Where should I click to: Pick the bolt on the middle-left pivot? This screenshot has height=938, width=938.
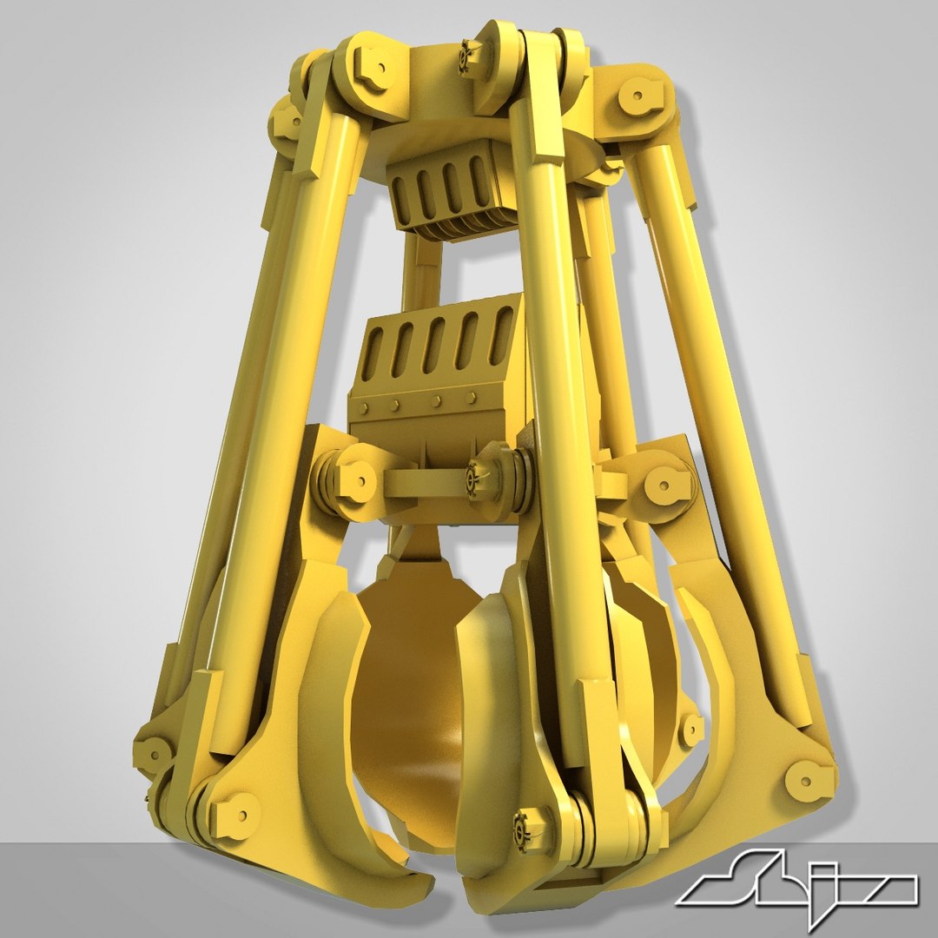click(x=357, y=478)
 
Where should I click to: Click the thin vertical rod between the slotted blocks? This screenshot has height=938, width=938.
click(x=423, y=269)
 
